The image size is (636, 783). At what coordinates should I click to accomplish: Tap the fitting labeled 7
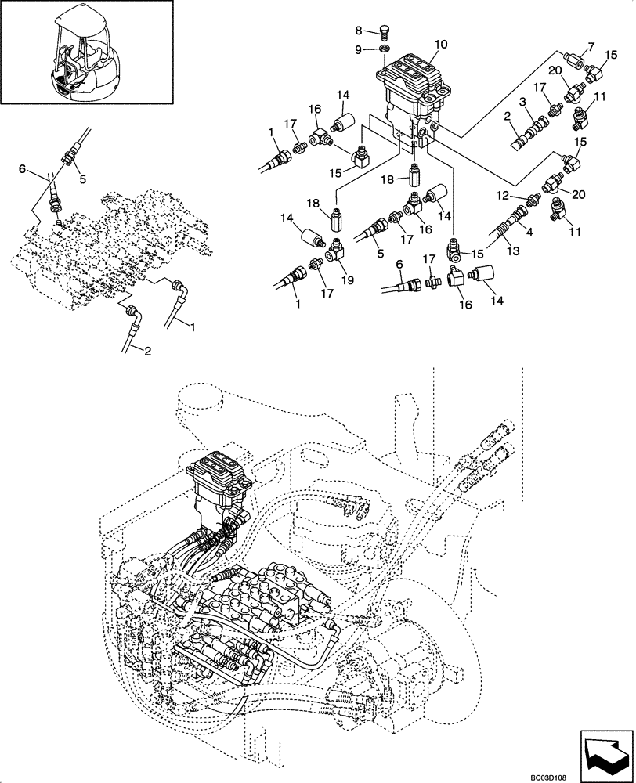pos(573,60)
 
